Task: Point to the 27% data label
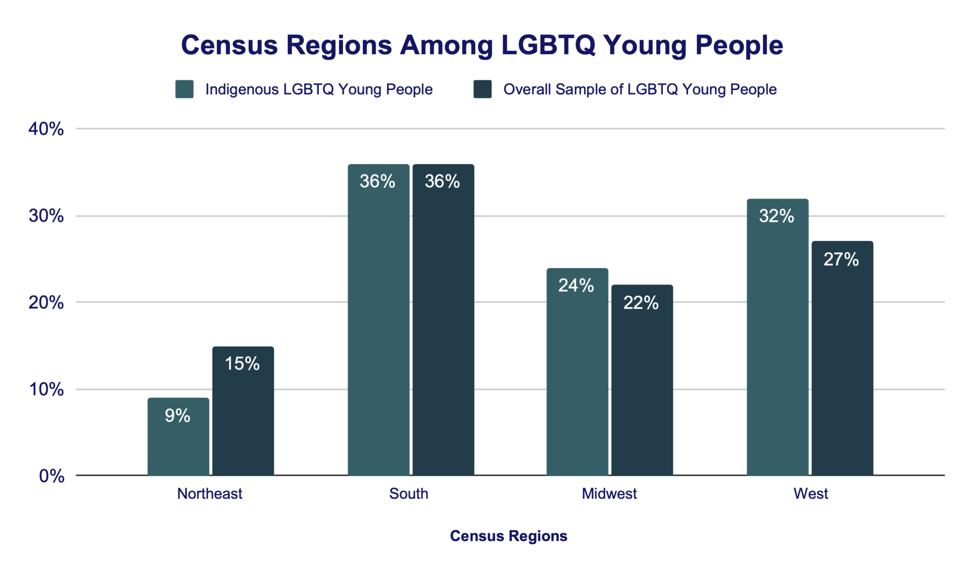pos(841,259)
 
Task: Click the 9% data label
pos(177,416)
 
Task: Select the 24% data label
pos(576,285)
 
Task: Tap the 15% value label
pos(242,364)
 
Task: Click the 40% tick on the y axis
pos(46,129)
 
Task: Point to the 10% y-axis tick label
pos(46,389)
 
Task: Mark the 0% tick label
pos(51,476)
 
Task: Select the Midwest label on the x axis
pos(609,494)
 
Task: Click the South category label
pos(409,494)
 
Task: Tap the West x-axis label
pos(810,494)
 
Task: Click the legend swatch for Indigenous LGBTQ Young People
pos(184,89)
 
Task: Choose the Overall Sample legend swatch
pos(482,89)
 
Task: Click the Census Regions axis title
pos(508,536)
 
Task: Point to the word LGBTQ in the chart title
pos(548,45)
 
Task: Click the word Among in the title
pos(446,45)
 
